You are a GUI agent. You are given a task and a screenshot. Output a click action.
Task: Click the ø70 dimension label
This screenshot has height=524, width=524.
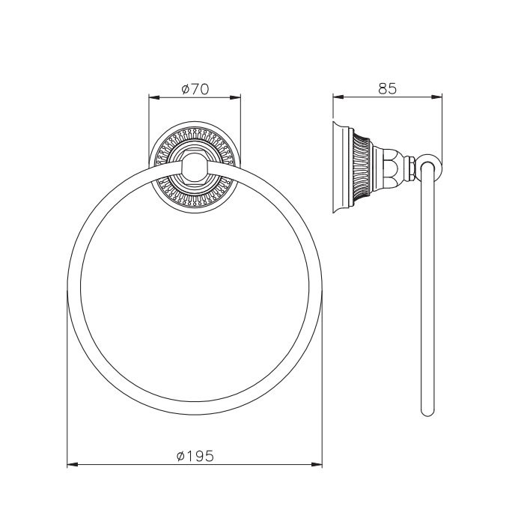click(x=195, y=89)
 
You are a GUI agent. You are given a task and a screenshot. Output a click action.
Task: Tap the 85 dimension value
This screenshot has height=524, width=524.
click(x=387, y=89)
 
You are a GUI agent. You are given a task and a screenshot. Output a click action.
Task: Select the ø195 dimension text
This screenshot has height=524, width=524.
click(x=195, y=456)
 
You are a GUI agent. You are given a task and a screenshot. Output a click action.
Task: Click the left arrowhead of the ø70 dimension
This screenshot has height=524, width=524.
click(x=153, y=97)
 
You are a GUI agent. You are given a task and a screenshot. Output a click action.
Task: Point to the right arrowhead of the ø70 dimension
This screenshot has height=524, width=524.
click(x=235, y=97)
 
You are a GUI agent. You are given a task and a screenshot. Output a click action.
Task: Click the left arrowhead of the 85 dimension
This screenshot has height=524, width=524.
click(x=338, y=97)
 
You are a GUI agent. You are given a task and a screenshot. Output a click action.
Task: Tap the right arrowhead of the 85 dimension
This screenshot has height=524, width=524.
click(x=436, y=97)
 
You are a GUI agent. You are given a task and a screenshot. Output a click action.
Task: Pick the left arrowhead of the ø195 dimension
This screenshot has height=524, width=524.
click(x=73, y=465)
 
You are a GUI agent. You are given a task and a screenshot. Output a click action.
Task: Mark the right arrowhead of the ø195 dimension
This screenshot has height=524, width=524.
click(x=317, y=465)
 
